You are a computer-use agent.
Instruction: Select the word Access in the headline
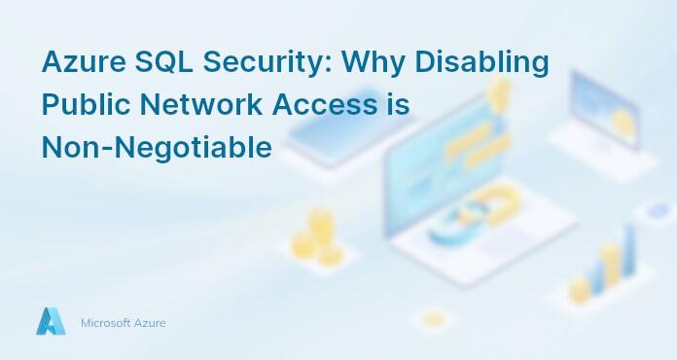[324, 106]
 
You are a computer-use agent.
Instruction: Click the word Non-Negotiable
[155, 149]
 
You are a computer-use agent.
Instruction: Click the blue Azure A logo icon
[51, 322]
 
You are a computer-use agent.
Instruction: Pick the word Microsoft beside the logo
[108, 323]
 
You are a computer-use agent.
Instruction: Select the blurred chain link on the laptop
[457, 220]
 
